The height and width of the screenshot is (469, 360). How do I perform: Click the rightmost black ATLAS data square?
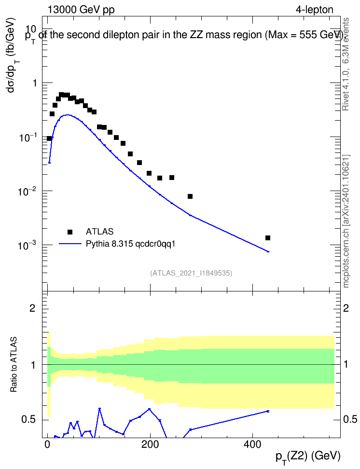tap(268, 238)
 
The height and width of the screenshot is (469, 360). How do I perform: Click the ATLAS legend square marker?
tap(70, 232)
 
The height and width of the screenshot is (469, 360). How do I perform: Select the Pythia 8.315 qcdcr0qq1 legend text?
tap(130, 244)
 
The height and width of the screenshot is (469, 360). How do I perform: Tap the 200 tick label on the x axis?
tap(150, 444)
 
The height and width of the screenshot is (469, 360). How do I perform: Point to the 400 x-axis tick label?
tap(252, 444)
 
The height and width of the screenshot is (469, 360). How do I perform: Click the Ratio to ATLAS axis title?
tap(14, 364)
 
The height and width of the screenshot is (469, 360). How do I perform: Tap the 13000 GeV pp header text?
tap(81, 10)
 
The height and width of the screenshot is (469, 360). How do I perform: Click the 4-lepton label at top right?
tap(315, 10)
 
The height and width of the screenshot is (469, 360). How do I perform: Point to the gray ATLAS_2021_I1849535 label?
tap(191, 273)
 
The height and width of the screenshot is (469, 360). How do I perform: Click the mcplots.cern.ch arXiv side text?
tap(346, 221)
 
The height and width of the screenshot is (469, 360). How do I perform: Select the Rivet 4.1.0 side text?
tap(346, 64)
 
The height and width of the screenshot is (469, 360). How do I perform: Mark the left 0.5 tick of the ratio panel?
tap(28, 420)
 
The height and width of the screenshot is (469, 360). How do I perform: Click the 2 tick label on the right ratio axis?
tap(346, 308)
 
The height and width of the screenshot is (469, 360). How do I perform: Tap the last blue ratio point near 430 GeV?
tap(268, 411)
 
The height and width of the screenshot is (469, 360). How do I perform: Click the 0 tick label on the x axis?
tap(48, 444)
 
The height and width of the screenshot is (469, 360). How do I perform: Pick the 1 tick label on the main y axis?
tap(35, 83)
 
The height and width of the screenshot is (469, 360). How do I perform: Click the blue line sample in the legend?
tap(70, 244)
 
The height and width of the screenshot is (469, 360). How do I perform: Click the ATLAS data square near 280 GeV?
tap(190, 196)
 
